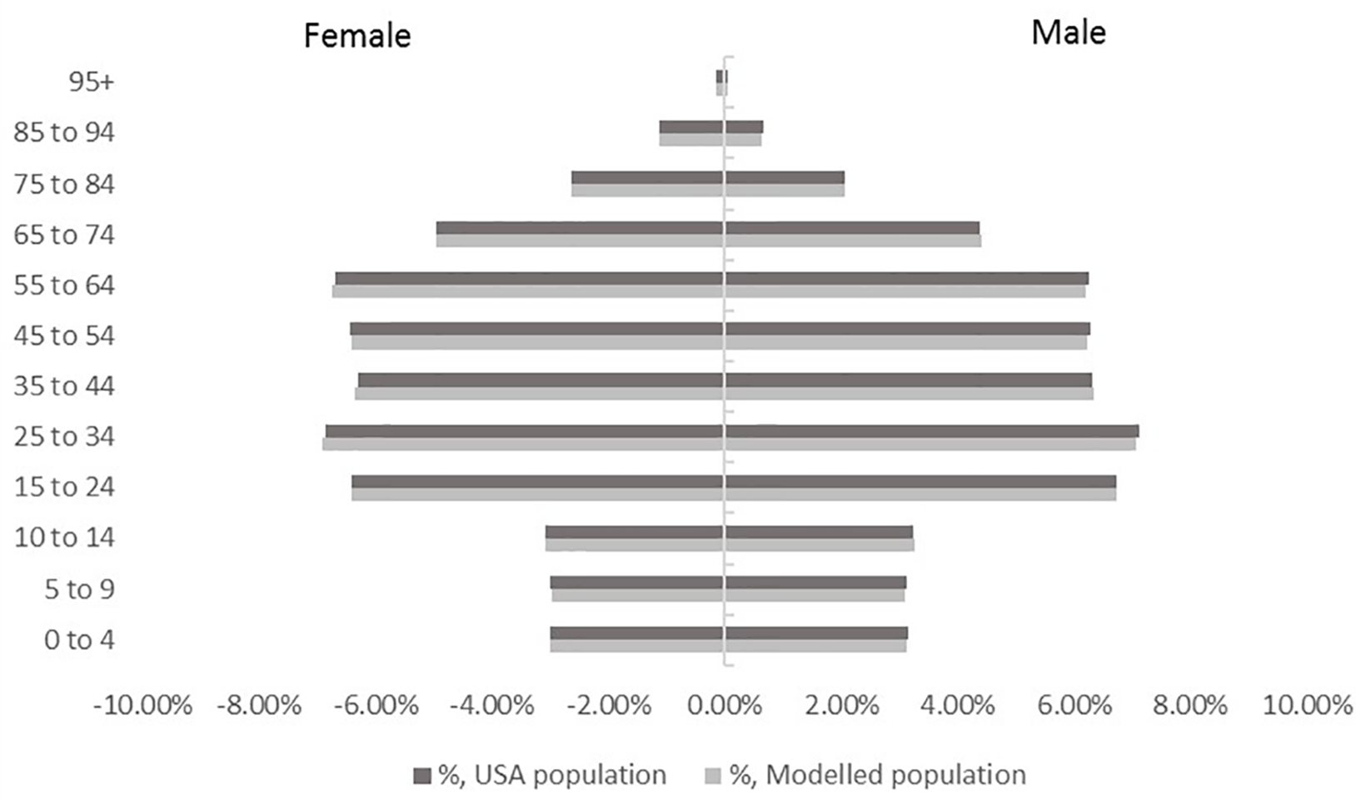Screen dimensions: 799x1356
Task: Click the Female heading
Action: (356, 36)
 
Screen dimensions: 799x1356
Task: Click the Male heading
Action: (1068, 32)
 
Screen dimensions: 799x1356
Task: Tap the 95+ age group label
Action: (92, 82)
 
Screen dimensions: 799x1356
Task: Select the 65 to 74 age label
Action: (64, 235)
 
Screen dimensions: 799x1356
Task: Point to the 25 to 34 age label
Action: (64, 436)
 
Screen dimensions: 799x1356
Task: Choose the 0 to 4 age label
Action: (79, 640)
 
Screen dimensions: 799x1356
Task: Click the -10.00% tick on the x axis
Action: (143, 706)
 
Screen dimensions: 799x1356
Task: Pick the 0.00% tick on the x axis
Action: (725, 706)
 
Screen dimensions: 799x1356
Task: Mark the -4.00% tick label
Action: (492, 706)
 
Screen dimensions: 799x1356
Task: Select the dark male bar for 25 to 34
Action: (931, 431)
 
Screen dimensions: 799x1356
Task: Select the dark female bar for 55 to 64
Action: (529, 279)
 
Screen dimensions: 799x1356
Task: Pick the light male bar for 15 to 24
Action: (920, 494)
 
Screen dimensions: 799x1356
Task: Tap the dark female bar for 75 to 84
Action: (647, 177)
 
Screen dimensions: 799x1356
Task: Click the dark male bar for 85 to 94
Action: (744, 127)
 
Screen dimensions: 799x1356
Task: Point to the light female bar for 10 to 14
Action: (634, 545)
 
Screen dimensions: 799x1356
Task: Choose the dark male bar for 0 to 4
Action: (816, 633)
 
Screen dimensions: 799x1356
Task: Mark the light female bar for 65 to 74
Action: (580, 241)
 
